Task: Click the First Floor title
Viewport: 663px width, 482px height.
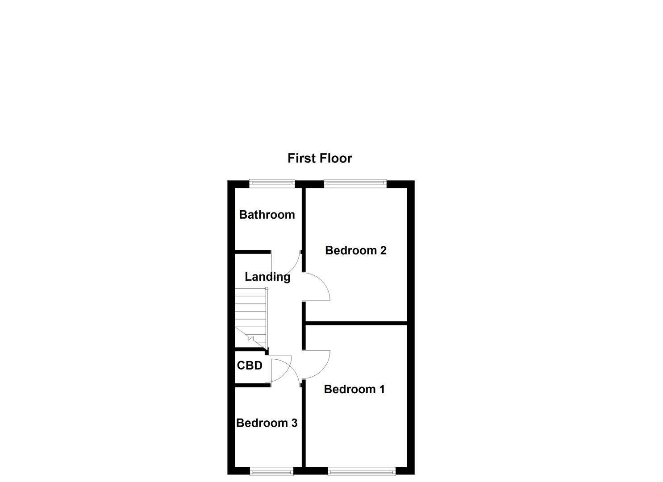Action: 320,158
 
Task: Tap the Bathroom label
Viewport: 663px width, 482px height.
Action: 267,215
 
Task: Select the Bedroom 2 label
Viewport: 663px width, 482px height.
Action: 355,250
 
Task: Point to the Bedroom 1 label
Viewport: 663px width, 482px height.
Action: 354,389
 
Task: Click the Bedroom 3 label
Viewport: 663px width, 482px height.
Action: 267,423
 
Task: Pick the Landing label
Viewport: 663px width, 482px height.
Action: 267,277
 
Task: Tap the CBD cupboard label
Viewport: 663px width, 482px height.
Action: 250,366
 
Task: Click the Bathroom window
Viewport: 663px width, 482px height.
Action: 272,182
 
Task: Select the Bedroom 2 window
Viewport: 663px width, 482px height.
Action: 355,182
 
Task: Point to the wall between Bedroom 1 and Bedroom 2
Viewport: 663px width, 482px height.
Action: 356,323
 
